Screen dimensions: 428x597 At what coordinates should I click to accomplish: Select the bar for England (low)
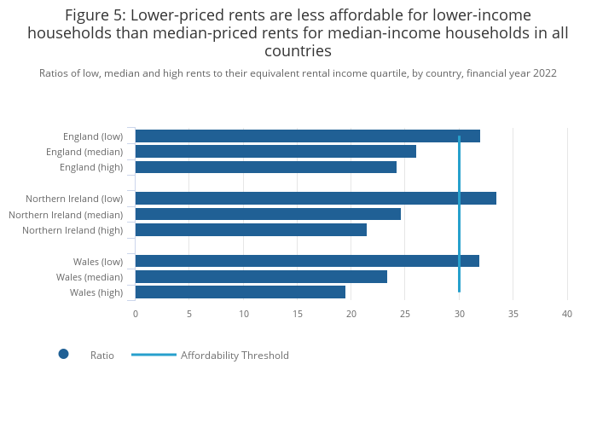[307, 136]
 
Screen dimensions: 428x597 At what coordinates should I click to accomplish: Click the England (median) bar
[275, 152]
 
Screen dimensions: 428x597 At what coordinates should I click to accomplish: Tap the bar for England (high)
[265, 167]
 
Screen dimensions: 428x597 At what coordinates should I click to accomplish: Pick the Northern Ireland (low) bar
[316, 199]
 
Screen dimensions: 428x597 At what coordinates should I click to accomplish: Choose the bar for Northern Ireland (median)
[268, 214]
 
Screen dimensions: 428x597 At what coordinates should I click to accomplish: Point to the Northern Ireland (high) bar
[251, 229]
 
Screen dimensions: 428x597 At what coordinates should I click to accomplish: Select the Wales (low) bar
[307, 261]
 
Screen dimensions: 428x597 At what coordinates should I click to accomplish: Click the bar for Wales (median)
[261, 276]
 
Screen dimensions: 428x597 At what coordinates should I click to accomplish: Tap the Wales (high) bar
[240, 292]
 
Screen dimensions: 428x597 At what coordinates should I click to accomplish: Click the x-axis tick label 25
[405, 315]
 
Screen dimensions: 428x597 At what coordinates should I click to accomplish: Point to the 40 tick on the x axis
[567, 315]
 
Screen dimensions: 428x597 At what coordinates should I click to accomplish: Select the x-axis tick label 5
[189, 315]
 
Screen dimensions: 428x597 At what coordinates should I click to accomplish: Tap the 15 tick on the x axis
[298, 315]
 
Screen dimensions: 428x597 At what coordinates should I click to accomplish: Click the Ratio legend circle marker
[63, 354]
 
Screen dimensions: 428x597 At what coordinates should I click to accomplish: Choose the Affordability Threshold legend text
[235, 356]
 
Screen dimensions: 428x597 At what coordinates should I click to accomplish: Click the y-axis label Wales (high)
[96, 292]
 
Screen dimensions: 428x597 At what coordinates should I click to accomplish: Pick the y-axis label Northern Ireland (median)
[66, 215]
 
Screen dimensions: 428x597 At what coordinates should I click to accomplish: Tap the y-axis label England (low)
[93, 136]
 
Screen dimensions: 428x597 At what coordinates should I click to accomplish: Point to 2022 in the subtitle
[543, 73]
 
